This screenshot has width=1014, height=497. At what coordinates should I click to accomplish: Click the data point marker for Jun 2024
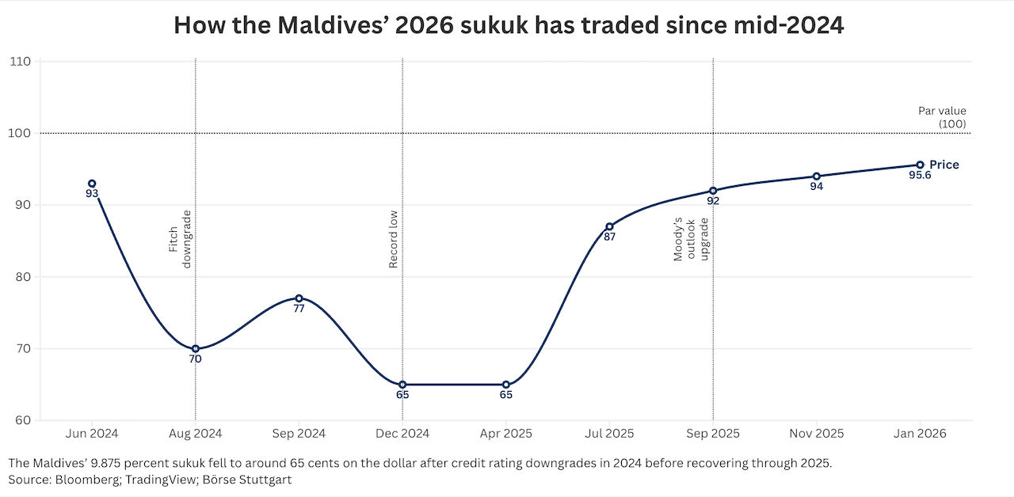tap(92, 184)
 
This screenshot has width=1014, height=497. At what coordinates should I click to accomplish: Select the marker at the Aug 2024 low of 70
tap(196, 348)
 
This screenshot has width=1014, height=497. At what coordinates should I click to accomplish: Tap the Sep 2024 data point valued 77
tap(299, 298)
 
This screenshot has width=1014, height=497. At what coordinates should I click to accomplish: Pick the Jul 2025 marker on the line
tap(609, 226)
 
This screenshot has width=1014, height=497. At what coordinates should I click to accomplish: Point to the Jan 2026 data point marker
tap(920, 165)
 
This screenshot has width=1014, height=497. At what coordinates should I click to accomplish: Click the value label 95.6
tap(920, 176)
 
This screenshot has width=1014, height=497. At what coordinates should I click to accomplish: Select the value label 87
tap(609, 237)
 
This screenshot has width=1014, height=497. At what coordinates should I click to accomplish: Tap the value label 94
tap(816, 187)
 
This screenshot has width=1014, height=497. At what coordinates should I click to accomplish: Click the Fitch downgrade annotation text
tap(181, 239)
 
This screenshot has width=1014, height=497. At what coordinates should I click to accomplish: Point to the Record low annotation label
tap(393, 239)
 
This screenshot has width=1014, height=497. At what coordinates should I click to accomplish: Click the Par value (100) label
tap(942, 117)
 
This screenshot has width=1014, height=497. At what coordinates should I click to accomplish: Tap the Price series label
tap(944, 165)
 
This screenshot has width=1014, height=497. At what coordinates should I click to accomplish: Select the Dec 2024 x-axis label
tap(402, 434)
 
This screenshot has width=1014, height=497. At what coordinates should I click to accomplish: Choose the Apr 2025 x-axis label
tap(505, 434)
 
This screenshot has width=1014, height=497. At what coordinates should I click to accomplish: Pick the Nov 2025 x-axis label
tap(816, 434)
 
